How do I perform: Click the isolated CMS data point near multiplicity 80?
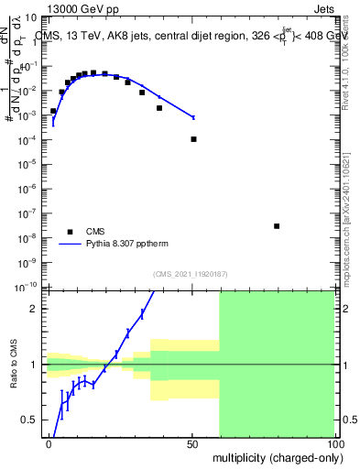[x=277, y=226]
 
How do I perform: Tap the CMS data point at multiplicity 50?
[x=193, y=139]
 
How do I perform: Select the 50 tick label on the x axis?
[x=191, y=443]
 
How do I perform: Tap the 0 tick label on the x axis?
[x=49, y=443]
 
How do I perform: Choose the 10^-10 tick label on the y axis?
[x=27, y=287]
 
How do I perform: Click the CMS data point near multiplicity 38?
[x=159, y=108]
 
